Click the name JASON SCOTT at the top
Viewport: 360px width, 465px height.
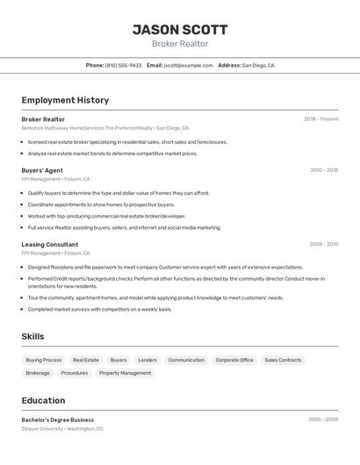pyautogui.click(x=180, y=29)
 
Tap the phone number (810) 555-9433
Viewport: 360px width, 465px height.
pyautogui.click(x=123, y=65)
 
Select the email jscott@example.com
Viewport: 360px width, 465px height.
pyautogui.click(x=188, y=65)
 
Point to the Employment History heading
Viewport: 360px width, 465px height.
pyautogui.click(x=65, y=100)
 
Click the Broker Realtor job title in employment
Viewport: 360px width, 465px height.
pyautogui.click(x=43, y=119)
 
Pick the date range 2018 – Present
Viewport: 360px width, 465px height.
pyautogui.click(x=320, y=119)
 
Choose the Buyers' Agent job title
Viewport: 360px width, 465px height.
pyautogui.click(x=42, y=170)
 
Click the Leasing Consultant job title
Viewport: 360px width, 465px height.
pyautogui.click(x=50, y=245)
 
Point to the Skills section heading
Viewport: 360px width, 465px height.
pyautogui.click(x=33, y=336)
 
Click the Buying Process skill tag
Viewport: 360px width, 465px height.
pyautogui.click(x=44, y=360)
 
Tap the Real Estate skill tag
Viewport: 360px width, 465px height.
pyautogui.click(x=86, y=360)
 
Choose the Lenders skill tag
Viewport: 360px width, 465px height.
pyautogui.click(x=148, y=360)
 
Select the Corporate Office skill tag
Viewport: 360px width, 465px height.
pyautogui.click(x=234, y=360)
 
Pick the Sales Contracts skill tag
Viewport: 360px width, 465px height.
pyautogui.click(x=283, y=360)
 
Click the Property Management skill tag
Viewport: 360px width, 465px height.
pyautogui.click(x=125, y=373)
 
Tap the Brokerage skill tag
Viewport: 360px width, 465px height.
pyautogui.click(x=38, y=373)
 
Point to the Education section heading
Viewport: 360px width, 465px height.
pyautogui.click(x=43, y=400)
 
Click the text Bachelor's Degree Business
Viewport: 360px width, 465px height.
pyautogui.click(x=58, y=419)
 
